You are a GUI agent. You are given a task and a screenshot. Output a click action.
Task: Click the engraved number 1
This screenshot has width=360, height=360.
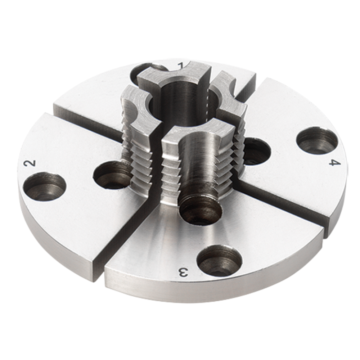coord(181,66)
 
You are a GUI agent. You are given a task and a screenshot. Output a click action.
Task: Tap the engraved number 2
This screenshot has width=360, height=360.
coord(30,163)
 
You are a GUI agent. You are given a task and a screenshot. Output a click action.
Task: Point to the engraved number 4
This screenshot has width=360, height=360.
coord(334,163)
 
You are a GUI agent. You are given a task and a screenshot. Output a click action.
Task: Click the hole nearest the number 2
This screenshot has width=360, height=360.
coord(45,186)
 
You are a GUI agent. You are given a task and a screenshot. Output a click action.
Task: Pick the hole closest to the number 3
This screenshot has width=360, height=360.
coord(219,260)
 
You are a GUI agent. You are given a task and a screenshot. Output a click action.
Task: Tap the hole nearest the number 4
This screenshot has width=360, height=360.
coord(317,140)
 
